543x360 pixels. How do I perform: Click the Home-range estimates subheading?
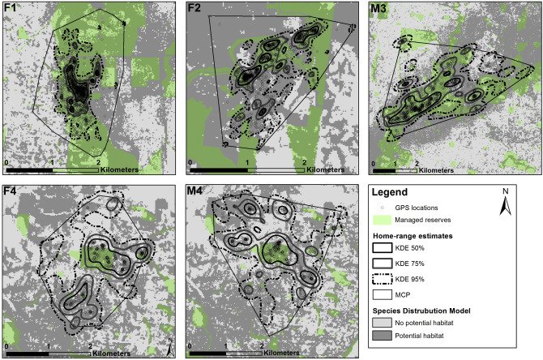418,235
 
